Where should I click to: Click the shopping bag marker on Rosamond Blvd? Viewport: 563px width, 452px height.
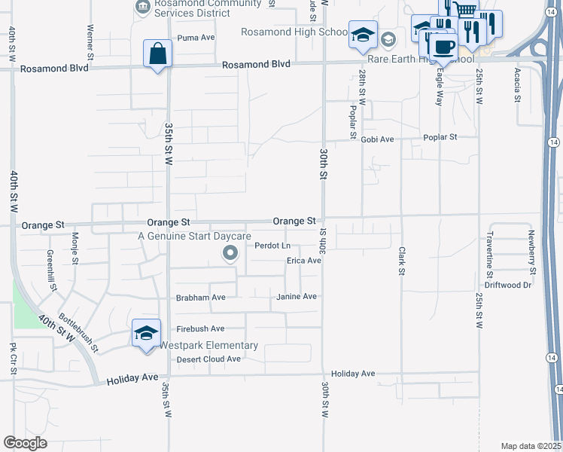(158, 54)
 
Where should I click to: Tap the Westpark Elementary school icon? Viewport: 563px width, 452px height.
(146, 333)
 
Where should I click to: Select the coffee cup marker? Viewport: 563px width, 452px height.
(446, 47)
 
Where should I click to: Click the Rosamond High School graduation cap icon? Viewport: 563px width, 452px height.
(363, 35)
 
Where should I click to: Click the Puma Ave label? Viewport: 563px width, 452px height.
(196, 37)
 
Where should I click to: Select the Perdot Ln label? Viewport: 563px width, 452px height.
(272, 246)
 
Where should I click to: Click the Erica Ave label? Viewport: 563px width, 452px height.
(304, 261)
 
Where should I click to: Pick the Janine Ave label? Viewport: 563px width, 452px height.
(297, 297)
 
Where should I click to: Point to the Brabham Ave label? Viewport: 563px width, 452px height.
(200, 298)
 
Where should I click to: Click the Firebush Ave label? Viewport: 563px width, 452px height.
(200, 329)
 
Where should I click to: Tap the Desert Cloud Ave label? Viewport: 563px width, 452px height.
(208, 359)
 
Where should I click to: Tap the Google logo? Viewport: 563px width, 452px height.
(26, 443)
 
